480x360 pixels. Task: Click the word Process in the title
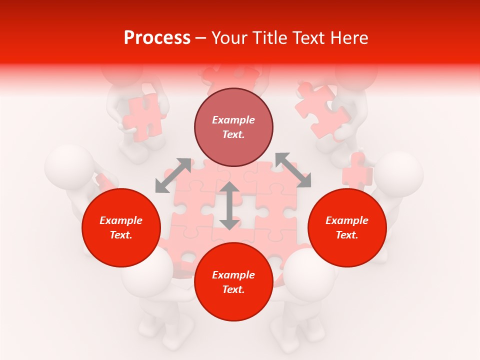157,38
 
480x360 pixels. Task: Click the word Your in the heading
229,38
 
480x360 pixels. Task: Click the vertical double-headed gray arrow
229,205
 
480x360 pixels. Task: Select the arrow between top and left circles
173,175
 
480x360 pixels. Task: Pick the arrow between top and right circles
293,170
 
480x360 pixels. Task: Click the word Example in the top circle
233,120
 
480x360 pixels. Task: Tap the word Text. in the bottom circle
233,289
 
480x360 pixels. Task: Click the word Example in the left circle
121,220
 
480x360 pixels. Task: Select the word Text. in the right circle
347,235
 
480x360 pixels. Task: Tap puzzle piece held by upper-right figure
321,111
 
